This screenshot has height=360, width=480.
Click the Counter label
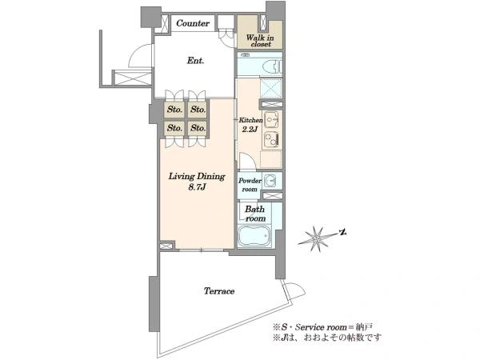pyautogui.click(x=193, y=23)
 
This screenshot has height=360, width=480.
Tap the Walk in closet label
pyautogui.click(x=260, y=41)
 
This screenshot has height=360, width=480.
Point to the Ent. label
pyautogui.click(x=196, y=61)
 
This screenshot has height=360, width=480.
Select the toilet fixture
pyautogui.click(x=274, y=66)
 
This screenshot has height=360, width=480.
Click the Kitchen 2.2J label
pyautogui.click(x=250, y=125)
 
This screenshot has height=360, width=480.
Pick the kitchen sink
pyautogui.click(x=271, y=119)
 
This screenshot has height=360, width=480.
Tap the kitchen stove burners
pyautogui.click(x=271, y=138)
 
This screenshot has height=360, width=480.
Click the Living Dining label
pyautogui.click(x=197, y=176)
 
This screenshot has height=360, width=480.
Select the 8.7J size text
pyautogui.click(x=197, y=187)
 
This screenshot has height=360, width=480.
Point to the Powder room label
pyautogui.click(x=250, y=185)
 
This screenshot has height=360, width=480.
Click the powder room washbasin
pyautogui.click(x=270, y=181)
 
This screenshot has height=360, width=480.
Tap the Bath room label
pyautogui.click(x=255, y=214)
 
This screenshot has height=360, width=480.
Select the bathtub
pyautogui.click(x=254, y=236)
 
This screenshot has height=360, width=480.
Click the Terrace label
pyautogui.click(x=219, y=291)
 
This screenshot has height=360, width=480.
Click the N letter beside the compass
pyautogui.click(x=343, y=233)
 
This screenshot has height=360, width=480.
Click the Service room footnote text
pyautogui.click(x=323, y=327)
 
